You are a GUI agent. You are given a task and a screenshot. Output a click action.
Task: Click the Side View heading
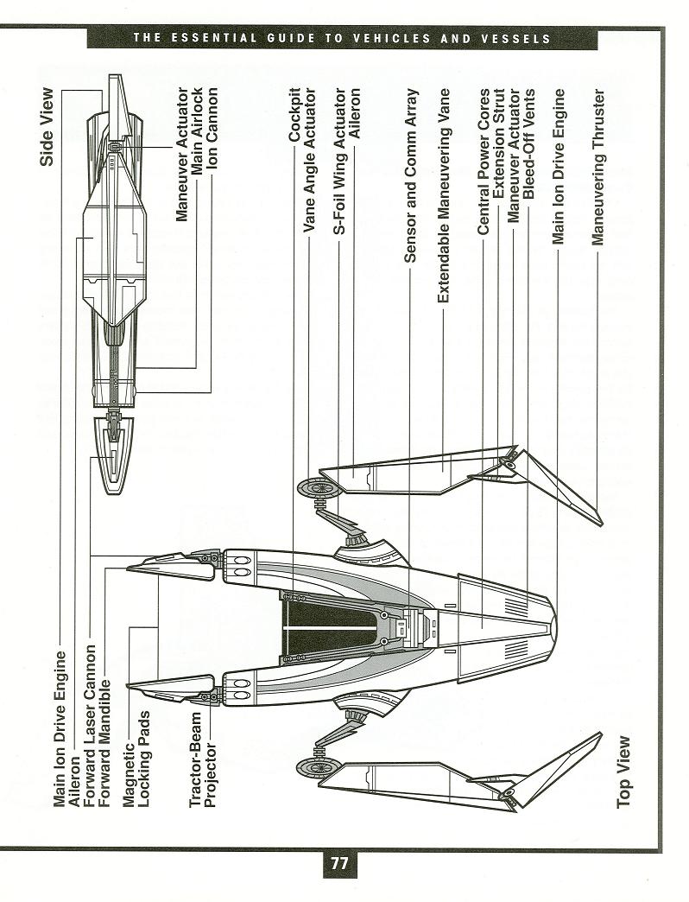point(47,126)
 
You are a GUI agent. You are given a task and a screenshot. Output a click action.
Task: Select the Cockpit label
point(294,115)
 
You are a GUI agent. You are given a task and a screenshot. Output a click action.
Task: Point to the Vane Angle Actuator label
point(310,160)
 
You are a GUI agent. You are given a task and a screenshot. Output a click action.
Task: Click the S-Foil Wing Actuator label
point(340,161)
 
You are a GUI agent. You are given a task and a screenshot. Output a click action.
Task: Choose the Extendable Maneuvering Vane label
point(443,195)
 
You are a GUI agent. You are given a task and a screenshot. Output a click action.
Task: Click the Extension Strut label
point(498,143)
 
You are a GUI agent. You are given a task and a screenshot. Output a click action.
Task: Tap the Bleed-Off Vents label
point(529,143)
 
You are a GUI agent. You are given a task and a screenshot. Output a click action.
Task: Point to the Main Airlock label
point(197,130)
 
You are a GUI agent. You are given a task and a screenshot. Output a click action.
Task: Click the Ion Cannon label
point(212,128)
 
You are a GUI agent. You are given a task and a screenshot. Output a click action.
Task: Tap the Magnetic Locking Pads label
point(136,759)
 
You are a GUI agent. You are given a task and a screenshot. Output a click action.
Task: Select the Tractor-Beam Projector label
point(203,759)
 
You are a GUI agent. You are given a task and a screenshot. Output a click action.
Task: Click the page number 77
point(339,863)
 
